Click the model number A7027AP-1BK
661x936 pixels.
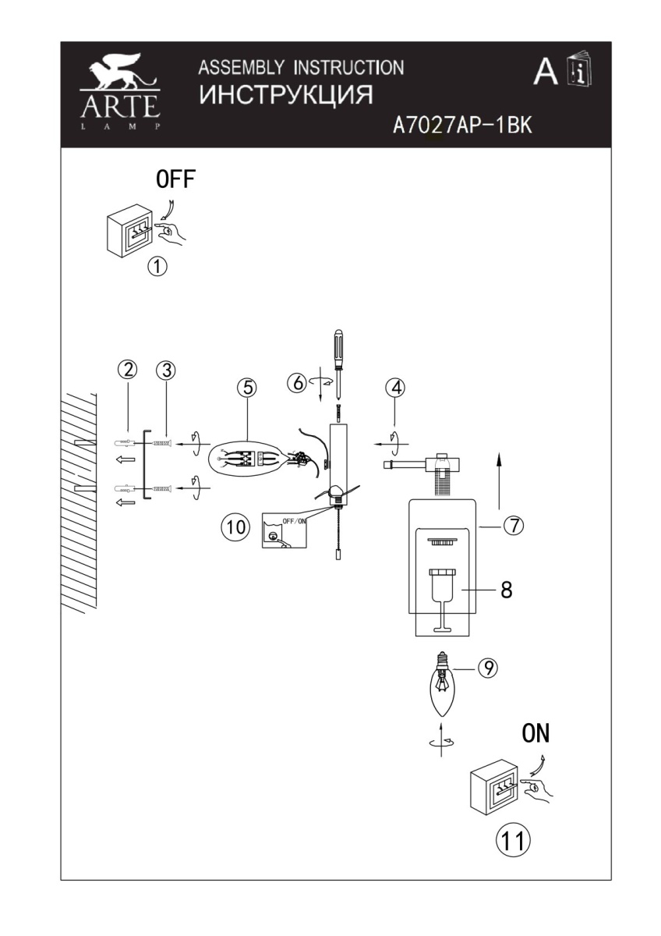(x=463, y=125)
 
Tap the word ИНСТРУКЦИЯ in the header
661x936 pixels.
(x=286, y=95)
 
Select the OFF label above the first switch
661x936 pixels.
(x=176, y=179)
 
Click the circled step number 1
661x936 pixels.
(x=157, y=266)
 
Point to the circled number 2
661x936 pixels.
(x=128, y=370)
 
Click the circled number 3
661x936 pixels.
(x=166, y=370)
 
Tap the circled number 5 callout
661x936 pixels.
(x=247, y=388)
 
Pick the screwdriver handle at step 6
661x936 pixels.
(x=339, y=344)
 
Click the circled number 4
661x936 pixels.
(x=395, y=388)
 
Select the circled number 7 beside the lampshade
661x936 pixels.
(x=514, y=525)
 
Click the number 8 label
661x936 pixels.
(x=507, y=590)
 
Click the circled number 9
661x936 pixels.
(x=488, y=668)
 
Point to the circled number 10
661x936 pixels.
(x=236, y=526)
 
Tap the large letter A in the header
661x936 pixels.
(x=546, y=72)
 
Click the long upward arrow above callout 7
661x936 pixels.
(x=499, y=480)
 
